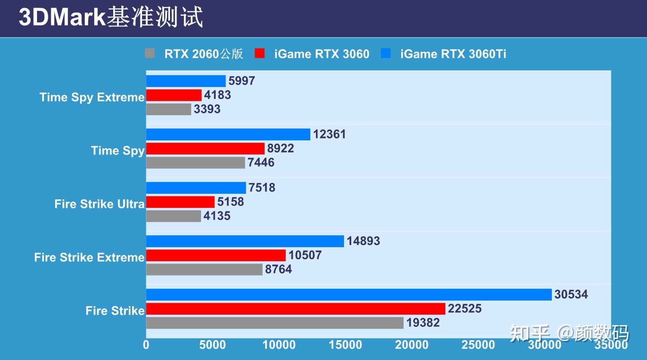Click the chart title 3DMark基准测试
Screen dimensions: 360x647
111,18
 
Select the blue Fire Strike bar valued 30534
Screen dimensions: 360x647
349,295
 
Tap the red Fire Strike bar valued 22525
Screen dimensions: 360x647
296,309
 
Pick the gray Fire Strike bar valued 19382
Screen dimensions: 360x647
275,323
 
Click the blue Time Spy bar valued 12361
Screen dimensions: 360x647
228,134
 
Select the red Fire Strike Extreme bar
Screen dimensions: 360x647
216,255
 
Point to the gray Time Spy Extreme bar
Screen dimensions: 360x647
168,109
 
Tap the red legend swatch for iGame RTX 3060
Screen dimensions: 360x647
260,53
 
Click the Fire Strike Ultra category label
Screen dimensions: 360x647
99,204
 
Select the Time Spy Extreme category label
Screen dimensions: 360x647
92,97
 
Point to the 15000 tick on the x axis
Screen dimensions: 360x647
345,345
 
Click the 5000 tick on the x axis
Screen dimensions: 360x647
213,345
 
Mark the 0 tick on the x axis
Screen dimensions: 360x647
146,345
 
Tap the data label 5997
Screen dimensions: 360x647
241,81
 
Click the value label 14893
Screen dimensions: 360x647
363,241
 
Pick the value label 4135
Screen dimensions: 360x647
217,216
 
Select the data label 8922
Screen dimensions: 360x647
280,149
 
